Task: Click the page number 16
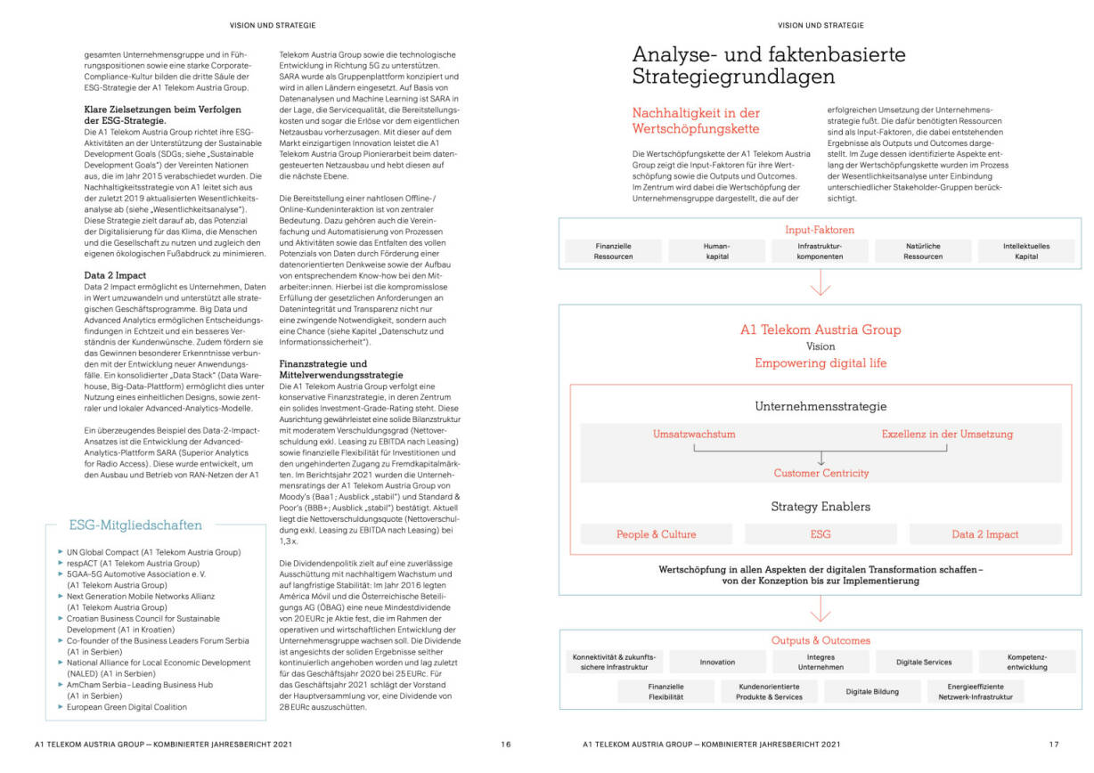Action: coord(505,745)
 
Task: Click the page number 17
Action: coord(1054,745)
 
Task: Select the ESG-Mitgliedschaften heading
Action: coord(135,525)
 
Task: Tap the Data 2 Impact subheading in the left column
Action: coord(115,276)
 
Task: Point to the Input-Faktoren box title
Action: coord(820,230)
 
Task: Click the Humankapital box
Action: coord(716,251)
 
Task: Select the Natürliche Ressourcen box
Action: coord(922,251)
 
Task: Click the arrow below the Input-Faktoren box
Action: coord(820,284)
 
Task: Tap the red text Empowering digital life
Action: coord(820,363)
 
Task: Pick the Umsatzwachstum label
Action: coord(694,435)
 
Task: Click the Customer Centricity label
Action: coord(820,473)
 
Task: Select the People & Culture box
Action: coord(657,534)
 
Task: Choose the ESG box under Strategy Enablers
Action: coord(820,534)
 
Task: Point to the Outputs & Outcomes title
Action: coord(820,640)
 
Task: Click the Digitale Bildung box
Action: coord(871,692)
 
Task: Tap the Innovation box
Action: coord(717,663)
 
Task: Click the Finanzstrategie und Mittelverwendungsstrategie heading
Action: coord(335,370)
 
